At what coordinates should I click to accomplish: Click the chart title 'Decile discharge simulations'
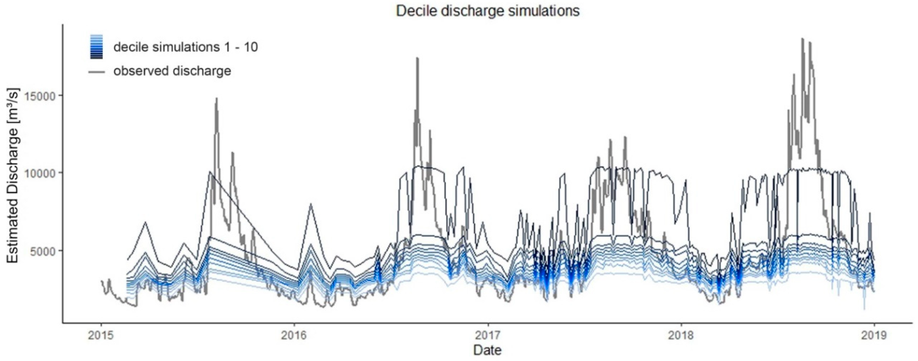click(x=488, y=11)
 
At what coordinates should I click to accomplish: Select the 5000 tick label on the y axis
click(x=45, y=251)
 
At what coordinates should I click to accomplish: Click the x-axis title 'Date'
click(x=487, y=350)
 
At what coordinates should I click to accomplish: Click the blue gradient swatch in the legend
click(x=97, y=46)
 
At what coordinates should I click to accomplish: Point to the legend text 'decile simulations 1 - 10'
click(x=186, y=47)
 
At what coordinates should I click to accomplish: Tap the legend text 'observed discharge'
click(x=172, y=71)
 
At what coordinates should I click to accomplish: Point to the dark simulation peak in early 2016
click(x=311, y=204)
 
